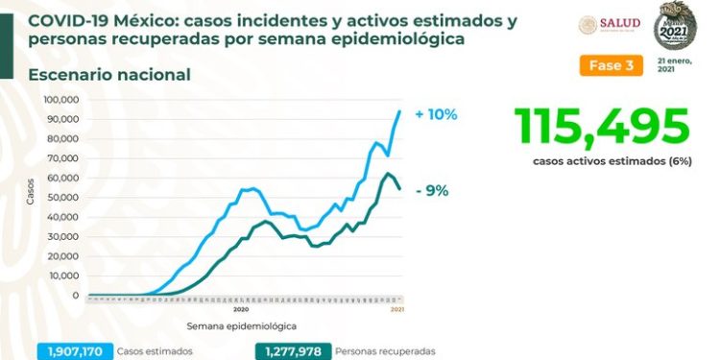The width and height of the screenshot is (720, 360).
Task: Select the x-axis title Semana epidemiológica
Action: click(x=241, y=326)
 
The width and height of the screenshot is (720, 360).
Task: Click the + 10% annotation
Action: click(x=436, y=114)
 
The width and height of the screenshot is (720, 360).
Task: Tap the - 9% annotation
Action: click(x=432, y=190)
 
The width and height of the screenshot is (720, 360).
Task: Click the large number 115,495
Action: click(x=602, y=126)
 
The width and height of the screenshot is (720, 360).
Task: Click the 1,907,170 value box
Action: click(x=76, y=351)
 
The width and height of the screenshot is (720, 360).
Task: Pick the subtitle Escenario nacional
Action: click(x=109, y=75)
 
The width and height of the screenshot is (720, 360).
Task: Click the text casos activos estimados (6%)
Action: click(x=601, y=161)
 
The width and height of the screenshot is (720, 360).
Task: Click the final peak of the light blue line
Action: click(x=400, y=111)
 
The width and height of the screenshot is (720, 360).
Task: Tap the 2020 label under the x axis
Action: click(x=241, y=309)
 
